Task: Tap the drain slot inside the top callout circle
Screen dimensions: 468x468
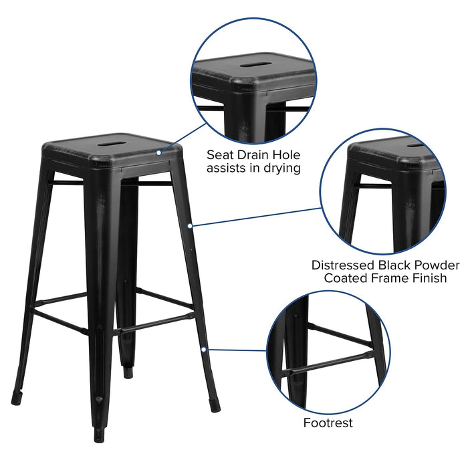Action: coord(252,66)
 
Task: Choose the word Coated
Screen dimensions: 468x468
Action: coord(347,278)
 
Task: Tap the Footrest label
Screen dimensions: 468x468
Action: coord(328,423)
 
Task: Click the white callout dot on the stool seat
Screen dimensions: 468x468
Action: coord(159,153)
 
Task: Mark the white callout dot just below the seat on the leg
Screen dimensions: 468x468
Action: coord(190,226)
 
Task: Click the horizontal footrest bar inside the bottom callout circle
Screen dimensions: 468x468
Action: coord(328,361)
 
